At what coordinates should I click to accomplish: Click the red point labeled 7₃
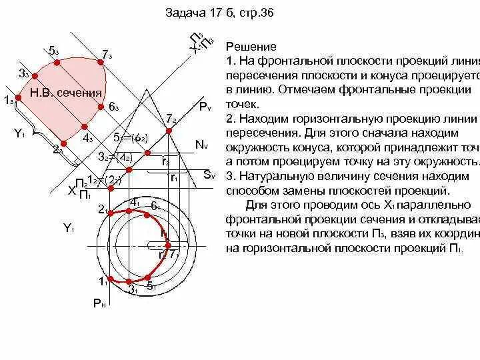[x=101, y=61]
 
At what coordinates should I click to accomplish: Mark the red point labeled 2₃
[x=63, y=143]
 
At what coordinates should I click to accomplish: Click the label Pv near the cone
[x=204, y=107]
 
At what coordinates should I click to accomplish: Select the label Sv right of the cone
[x=209, y=175]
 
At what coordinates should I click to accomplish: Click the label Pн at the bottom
[x=99, y=303]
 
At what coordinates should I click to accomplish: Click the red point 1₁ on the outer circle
[x=110, y=279]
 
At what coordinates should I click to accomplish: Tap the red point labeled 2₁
[x=110, y=210]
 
